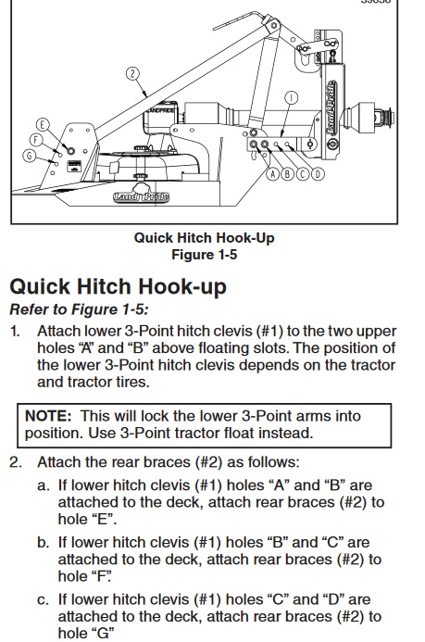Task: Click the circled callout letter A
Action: pyautogui.click(x=273, y=174)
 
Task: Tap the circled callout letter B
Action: pyautogui.click(x=288, y=174)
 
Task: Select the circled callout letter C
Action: pyautogui.click(x=303, y=174)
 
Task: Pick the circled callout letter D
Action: pyautogui.click(x=318, y=174)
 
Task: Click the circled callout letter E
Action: pyautogui.click(x=43, y=124)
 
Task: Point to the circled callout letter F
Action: pyautogui.click(x=36, y=140)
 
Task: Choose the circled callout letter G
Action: pyautogui.click(x=29, y=156)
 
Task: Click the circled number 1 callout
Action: pyautogui.click(x=292, y=98)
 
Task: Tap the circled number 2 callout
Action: pyautogui.click(x=132, y=74)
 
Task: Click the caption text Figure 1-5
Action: pyautogui.click(x=204, y=255)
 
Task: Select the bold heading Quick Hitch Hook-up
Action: pyautogui.click(x=118, y=286)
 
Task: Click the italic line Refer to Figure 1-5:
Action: pyautogui.click(x=79, y=309)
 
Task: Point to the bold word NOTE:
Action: pyautogui.click(x=48, y=416)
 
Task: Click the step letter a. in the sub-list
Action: pyautogui.click(x=43, y=485)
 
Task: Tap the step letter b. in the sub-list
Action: pyautogui.click(x=43, y=543)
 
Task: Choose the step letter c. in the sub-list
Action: pyautogui.click(x=43, y=600)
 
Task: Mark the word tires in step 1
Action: pyautogui.click(x=131, y=382)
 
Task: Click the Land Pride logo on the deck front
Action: pyautogui.click(x=141, y=196)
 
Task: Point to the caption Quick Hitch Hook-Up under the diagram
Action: pyautogui.click(x=204, y=238)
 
